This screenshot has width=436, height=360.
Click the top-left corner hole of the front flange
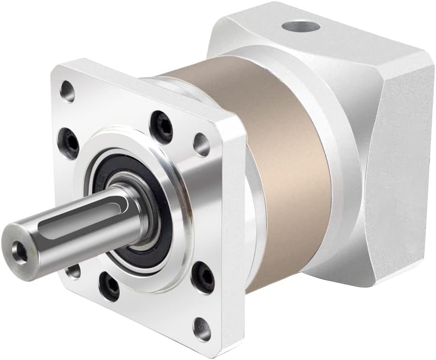(66, 90)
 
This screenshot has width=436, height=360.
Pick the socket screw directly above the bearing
(160, 122)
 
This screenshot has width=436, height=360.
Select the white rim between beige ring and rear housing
(334, 172)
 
